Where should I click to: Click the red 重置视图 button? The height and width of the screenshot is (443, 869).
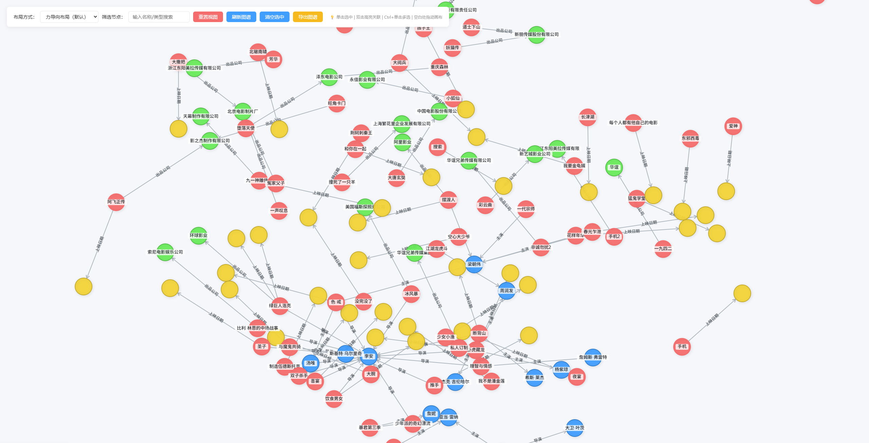(208, 17)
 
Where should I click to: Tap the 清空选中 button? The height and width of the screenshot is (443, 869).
(274, 17)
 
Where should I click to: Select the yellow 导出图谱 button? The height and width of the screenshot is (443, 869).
(308, 17)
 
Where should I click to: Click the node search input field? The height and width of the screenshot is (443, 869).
(159, 17)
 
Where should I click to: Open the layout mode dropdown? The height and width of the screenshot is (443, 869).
(69, 17)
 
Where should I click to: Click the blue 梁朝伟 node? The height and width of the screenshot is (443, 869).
(474, 264)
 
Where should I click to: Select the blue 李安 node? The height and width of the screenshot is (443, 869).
(369, 356)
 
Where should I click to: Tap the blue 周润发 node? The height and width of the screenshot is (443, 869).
(506, 291)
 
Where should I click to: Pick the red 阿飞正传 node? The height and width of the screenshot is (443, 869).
(116, 202)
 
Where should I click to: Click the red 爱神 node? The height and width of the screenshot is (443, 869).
(733, 126)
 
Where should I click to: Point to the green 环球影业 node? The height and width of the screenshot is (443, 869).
(199, 236)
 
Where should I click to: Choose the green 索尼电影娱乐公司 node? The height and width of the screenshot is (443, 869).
(165, 252)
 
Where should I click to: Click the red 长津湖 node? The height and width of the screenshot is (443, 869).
(588, 117)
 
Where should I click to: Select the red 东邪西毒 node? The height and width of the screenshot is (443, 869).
(690, 139)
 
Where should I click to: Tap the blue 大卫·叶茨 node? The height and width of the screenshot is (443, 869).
(575, 428)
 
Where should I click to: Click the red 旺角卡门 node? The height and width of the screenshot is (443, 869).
(337, 104)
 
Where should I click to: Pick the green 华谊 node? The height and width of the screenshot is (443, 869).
(614, 167)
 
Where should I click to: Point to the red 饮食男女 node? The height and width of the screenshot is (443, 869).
(334, 399)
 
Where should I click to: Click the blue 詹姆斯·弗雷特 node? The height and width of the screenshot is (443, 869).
(593, 357)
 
